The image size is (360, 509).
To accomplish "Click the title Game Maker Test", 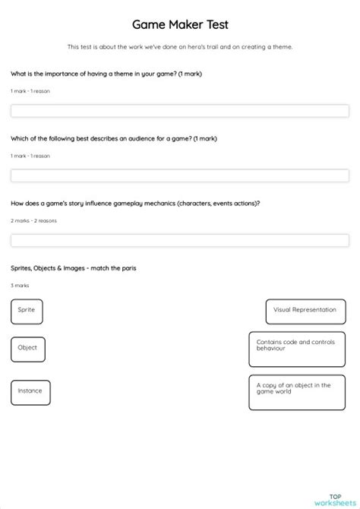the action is coord(180,25).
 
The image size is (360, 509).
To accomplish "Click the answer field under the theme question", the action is coord(179,111).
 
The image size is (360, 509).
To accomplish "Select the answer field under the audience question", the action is coord(179,175).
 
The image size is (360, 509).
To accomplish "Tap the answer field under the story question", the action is coord(179,240).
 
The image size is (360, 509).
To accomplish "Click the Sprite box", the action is coord(27,311).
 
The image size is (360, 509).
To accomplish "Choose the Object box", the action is coord(28,349).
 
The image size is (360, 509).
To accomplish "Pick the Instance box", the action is coord(30,392).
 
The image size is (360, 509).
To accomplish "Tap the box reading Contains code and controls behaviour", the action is coord(297,349).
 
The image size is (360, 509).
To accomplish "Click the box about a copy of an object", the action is coord(297,392).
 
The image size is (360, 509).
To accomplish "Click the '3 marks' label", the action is coord(20,286).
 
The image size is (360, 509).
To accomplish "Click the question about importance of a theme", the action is coord(106,74).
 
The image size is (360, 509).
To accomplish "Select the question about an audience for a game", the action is coord(112,138).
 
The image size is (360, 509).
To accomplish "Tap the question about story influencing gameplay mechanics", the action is coord(135,203).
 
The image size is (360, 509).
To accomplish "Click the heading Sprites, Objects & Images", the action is coord(74,268).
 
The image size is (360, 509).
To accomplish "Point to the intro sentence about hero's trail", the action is coord(180,47).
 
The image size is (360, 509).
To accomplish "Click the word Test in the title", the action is coord(213,25).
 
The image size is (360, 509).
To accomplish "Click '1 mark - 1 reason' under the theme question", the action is coord(30,91).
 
